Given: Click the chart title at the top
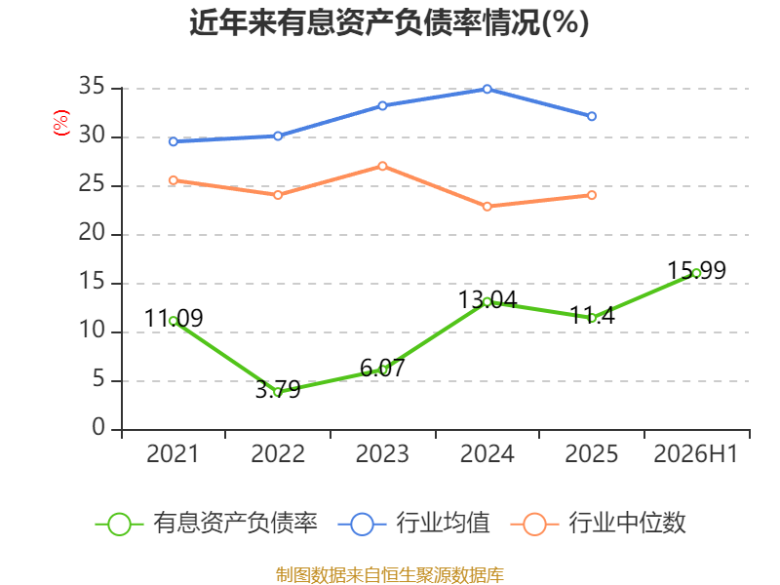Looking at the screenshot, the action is point(389,22).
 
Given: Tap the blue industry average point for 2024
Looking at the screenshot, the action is point(487,89).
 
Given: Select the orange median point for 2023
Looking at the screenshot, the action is point(382,166).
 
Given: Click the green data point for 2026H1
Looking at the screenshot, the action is point(696,273).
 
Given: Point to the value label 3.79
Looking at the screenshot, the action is point(278,389).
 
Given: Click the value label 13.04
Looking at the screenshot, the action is point(487,300).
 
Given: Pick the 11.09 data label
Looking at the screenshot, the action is point(174,319).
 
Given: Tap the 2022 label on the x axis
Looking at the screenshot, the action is point(278,453).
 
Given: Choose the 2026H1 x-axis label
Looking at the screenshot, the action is point(696,453).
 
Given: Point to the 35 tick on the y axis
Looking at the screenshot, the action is point(92,87).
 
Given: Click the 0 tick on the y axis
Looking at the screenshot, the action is point(98,427).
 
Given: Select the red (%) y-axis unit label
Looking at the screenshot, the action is point(61,123).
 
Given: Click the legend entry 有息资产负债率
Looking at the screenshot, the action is point(207,524).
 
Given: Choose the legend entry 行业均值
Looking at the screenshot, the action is point(413,524).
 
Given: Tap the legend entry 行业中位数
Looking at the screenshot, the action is point(599,524).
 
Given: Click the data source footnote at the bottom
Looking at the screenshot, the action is point(389,575).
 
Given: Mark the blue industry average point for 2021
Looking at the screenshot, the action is point(174,141).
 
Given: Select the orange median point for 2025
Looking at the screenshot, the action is point(592,195).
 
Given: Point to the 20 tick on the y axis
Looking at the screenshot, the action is point(92,233).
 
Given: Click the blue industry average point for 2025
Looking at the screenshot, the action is point(592,116).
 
